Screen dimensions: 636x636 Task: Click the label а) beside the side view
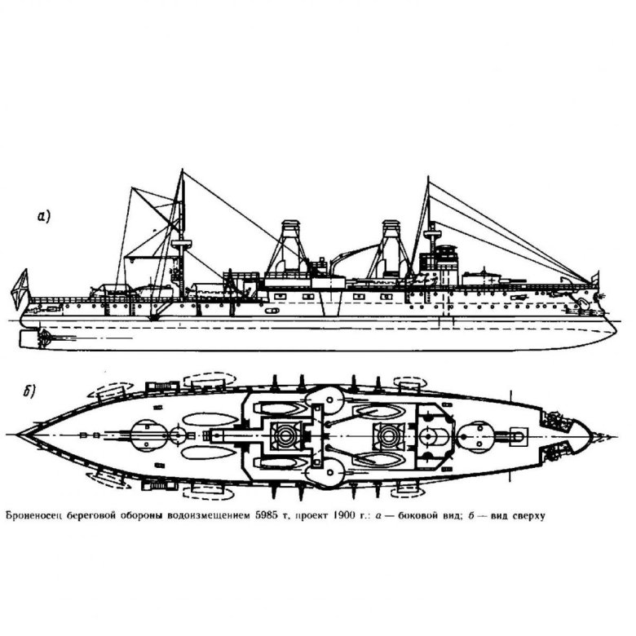coord(43,216)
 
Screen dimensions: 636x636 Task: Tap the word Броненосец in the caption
coord(33,516)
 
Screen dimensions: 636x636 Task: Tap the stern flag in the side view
coord(20,288)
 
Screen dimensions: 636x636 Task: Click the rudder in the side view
coord(29,338)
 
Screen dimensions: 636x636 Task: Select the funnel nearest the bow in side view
coord(391,249)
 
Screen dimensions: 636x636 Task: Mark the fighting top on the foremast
coord(432,234)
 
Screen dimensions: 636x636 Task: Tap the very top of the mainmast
coord(182,170)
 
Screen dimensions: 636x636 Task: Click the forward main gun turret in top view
coord(477,436)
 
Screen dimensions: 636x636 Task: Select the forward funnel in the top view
coord(389,436)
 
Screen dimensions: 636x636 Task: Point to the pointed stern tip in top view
coord(18,435)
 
